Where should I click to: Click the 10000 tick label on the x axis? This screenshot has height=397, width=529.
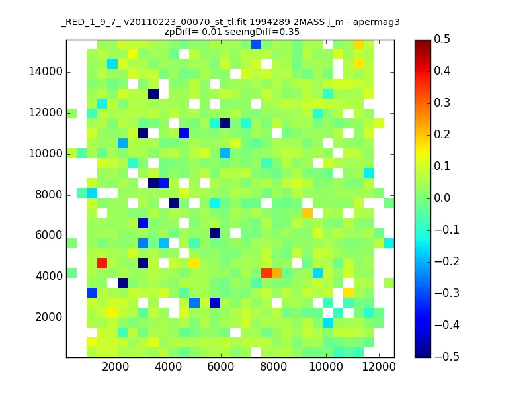point(326,368)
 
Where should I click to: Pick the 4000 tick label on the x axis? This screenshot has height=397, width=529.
point(169,368)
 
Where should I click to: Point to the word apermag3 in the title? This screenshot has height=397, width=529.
point(376,22)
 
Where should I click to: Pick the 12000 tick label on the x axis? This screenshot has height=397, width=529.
point(379,368)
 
